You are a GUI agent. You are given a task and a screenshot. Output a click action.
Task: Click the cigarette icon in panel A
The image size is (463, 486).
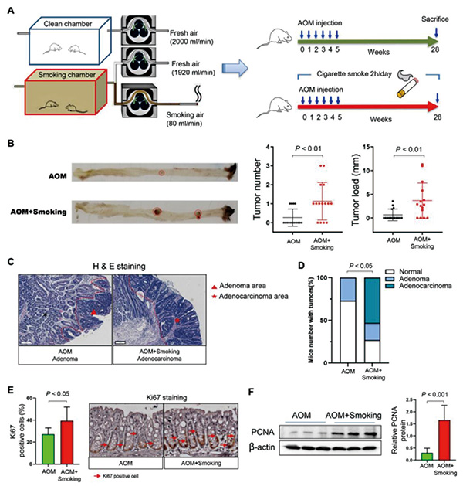point(407,88)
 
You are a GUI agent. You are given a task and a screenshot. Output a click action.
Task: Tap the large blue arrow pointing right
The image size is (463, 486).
point(235,68)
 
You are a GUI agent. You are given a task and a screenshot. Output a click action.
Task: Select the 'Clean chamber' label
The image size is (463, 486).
point(68,24)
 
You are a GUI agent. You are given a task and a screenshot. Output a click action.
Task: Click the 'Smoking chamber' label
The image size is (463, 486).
point(67,75)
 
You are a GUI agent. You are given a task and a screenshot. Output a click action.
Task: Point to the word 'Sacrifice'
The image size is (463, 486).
point(435,19)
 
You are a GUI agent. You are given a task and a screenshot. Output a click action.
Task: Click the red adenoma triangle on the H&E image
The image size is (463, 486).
point(93,313)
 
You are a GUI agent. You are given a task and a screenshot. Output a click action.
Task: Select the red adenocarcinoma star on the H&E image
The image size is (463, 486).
point(177,321)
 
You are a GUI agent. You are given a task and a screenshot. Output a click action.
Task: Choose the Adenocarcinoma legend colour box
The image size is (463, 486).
point(390,286)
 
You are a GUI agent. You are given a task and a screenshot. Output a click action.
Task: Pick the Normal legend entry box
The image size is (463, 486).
point(390,272)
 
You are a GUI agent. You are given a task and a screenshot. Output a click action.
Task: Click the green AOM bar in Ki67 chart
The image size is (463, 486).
point(48,449)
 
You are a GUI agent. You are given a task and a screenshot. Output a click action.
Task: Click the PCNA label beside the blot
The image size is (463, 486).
point(262,432)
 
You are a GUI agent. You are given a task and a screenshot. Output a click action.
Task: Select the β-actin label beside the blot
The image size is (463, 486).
point(262,447)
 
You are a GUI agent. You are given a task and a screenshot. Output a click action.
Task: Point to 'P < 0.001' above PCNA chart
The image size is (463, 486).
point(434,394)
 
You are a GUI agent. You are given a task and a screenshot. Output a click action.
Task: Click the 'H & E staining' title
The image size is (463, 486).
point(119,267)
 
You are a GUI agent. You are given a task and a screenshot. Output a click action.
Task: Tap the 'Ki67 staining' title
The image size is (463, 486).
point(167,397)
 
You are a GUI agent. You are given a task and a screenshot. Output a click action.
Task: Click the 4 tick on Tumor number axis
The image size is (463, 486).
point(267,147)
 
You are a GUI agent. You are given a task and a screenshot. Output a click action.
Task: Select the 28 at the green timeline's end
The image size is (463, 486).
point(435,49)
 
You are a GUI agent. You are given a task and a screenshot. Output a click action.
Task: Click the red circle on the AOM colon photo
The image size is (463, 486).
point(161,173)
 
